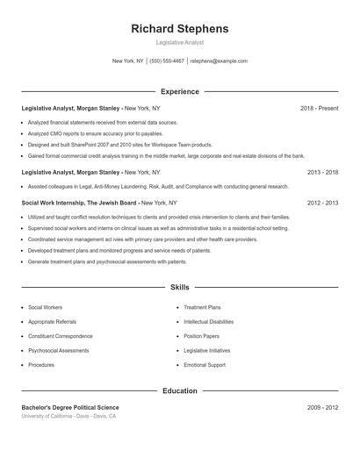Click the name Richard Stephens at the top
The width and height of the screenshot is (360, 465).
tap(179, 29)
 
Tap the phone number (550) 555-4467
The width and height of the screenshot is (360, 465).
tap(167, 61)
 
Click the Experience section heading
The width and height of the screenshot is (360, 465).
tap(179, 91)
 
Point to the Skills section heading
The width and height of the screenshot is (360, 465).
tap(179, 287)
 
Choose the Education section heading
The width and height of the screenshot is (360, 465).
tap(179, 390)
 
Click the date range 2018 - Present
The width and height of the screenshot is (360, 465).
tap(319, 108)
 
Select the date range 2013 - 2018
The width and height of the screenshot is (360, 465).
tap(322, 173)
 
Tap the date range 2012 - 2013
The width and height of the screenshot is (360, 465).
tap(322, 202)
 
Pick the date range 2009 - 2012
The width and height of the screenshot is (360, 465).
tap(322, 408)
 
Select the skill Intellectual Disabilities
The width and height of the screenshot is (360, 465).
tap(208, 322)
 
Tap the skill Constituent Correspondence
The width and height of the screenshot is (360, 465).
tap(60, 336)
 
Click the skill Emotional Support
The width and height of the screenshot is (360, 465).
tap(205, 365)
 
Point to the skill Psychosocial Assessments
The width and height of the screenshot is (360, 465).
tap(60, 350)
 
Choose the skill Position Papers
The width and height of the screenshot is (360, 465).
tap(201, 336)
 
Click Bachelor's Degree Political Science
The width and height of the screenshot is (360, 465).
tap(70, 408)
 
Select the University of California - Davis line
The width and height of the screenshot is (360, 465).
tap(68, 417)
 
